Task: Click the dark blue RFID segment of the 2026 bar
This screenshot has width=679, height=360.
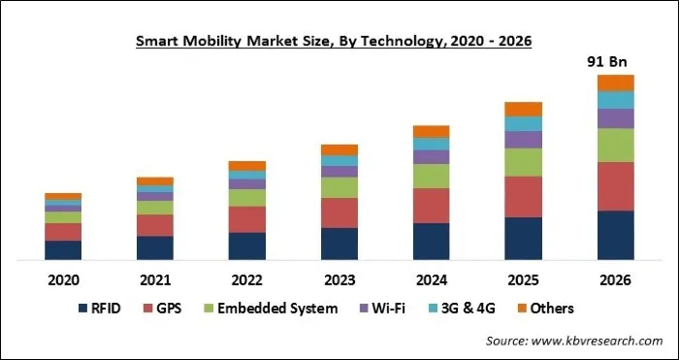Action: pos(616,235)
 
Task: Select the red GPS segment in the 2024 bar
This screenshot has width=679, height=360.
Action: pos(432,205)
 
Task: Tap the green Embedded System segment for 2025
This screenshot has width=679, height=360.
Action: pos(524,162)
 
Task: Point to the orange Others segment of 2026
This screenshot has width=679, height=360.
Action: pos(616,82)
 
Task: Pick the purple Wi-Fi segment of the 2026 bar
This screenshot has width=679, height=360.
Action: pos(616,118)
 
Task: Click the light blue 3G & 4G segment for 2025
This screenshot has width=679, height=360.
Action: pos(524,123)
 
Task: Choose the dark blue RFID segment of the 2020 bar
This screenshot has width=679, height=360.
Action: pos(63,250)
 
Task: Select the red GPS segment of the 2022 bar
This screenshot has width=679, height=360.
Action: pos(247,219)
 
